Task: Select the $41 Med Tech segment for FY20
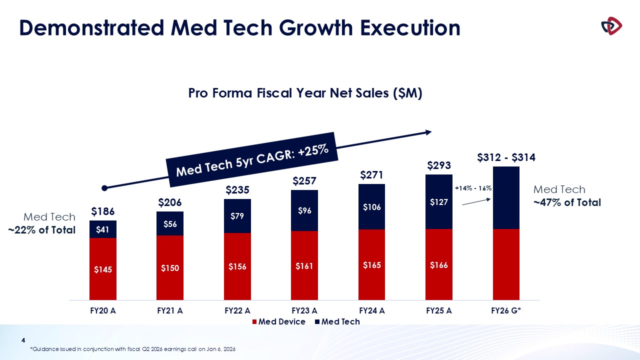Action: coord(103,229)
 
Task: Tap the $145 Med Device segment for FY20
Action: coord(103,269)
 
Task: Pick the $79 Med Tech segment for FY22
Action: coord(237,216)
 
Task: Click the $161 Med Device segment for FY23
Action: coord(304,266)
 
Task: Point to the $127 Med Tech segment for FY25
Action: coord(438,202)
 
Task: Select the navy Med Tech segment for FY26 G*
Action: coord(506,197)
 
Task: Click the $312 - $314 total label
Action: coord(506,157)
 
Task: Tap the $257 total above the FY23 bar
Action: coord(304,180)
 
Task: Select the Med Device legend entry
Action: coord(281,321)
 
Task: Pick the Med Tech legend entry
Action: coord(340,321)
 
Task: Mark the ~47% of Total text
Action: coord(567,203)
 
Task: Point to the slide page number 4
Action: coord(22,341)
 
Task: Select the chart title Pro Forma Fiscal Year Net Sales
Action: coord(305,93)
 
